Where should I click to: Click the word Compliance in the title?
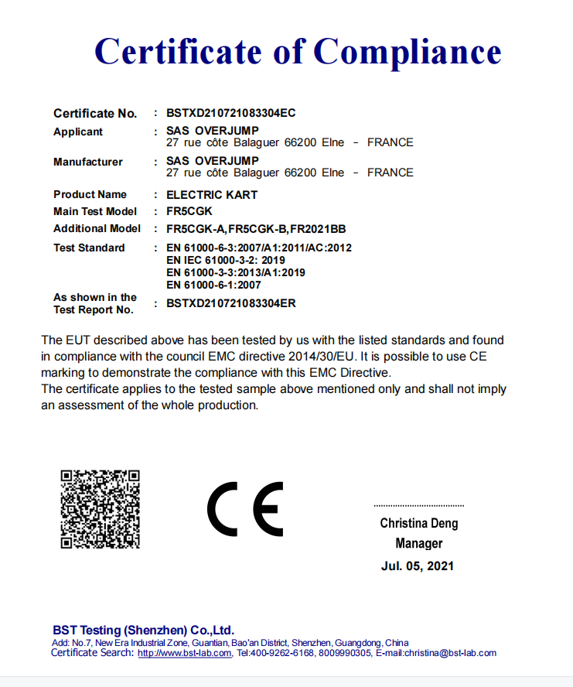pos(408,52)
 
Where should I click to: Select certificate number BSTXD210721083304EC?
pos(230,113)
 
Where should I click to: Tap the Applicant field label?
pos(78,132)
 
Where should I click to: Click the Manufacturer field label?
pos(88,162)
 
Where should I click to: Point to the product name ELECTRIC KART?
pos(212,195)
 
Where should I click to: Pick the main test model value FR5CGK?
pos(189,211)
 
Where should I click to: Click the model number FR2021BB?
pos(318,229)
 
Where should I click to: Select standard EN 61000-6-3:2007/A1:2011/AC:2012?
pos(259,248)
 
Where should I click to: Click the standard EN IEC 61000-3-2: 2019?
pos(226,261)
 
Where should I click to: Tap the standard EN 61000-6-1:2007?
pos(213,285)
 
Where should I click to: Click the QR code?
pos(100,508)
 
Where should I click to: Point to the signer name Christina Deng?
pos(418,524)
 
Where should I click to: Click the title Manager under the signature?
pos(418,544)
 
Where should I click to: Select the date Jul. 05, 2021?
pos(418,566)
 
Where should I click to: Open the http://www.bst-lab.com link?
pos(184,653)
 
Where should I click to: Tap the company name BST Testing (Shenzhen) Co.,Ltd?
pos(143,630)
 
